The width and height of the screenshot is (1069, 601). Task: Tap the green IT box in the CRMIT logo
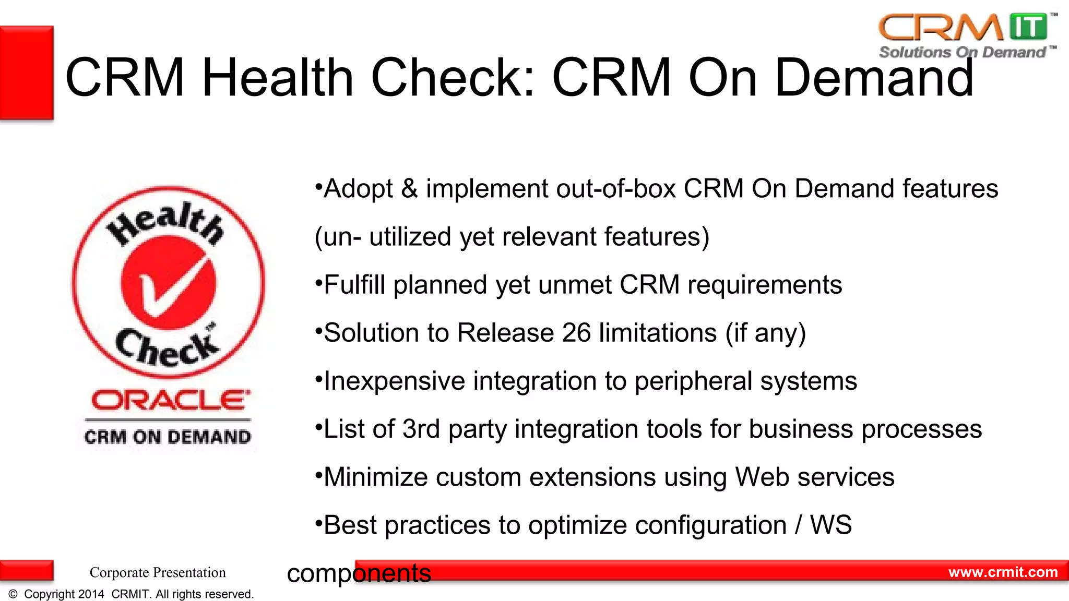pos(1028,27)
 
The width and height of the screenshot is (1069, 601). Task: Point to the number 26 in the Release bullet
pos(576,333)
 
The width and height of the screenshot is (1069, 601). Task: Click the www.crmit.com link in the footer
pos(1003,572)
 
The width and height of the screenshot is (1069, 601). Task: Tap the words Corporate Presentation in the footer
pos(158,572)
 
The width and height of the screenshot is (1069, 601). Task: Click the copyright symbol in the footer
pos(13,594)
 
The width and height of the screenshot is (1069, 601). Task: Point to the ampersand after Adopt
pos(409,189)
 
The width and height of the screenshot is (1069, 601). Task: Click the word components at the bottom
pos(359,573)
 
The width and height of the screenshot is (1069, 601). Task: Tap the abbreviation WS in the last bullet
pos(830,525)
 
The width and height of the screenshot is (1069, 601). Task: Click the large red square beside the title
pos(27,73)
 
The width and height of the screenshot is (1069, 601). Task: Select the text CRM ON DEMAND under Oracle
pos(168,437)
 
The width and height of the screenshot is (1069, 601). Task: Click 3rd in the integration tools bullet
pos(421,429)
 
